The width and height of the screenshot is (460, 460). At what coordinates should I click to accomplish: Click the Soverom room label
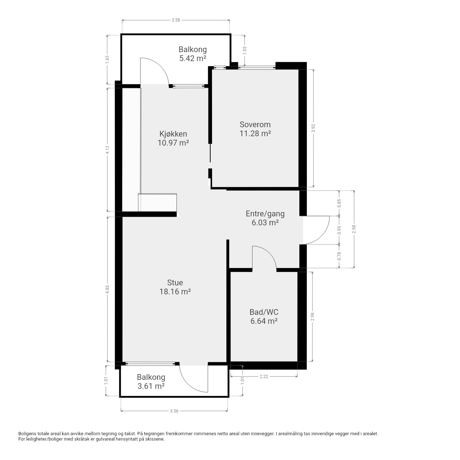255,124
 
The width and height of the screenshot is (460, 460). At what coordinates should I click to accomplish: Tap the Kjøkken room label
173,134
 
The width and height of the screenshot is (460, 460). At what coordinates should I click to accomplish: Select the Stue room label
175,282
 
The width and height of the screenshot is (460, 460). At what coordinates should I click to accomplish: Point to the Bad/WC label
264,312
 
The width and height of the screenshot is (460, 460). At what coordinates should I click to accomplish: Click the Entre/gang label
265,213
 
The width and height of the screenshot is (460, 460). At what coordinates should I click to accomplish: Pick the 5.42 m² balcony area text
193,58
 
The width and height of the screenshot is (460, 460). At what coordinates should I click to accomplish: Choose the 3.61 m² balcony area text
151,386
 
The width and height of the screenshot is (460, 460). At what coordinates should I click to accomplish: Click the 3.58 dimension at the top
176,20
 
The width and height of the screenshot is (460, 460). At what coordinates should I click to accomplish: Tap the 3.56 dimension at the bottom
174,411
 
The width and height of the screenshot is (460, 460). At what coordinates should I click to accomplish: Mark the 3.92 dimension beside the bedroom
313,128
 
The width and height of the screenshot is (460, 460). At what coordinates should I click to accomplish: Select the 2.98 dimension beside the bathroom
312,317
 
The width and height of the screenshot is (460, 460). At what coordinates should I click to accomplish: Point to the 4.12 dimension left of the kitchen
107,149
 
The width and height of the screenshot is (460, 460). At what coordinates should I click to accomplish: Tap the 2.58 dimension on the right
354,229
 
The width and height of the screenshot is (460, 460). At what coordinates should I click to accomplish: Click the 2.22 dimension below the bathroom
264,377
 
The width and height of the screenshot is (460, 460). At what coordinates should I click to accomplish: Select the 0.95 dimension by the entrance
339,230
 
